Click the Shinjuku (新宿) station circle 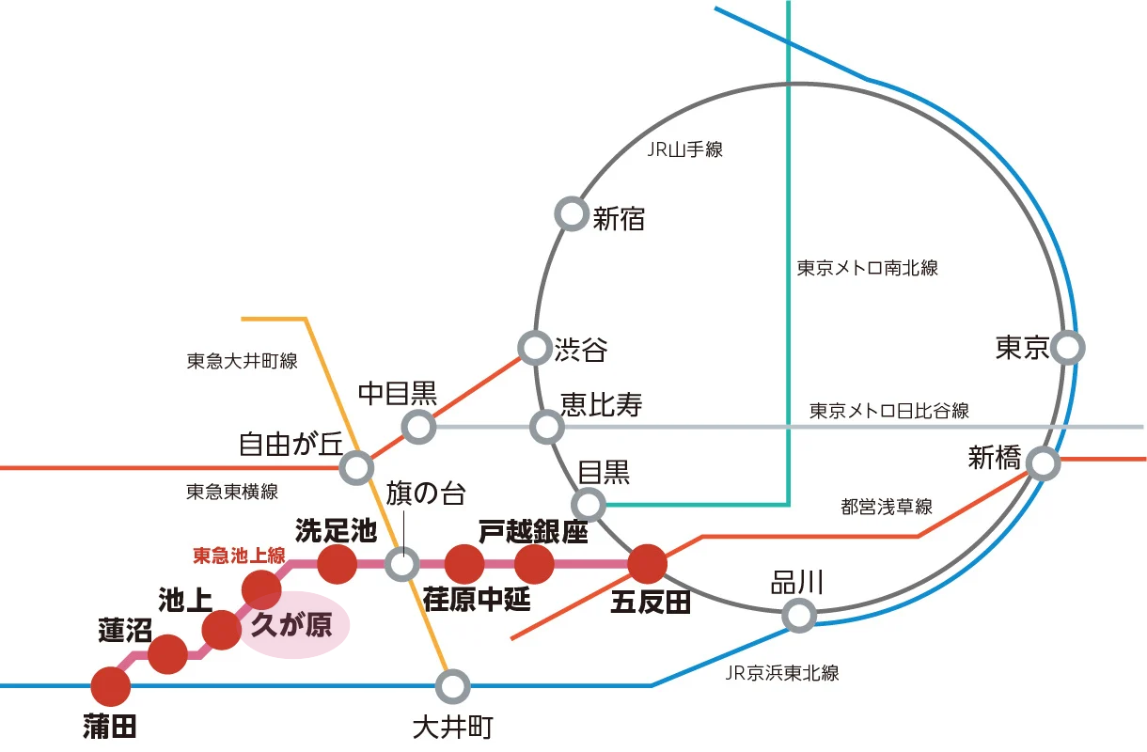572,214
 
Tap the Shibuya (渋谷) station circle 535,348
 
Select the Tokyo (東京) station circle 1068,348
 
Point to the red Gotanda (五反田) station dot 647,564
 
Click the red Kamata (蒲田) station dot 111,686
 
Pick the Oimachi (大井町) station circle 452,686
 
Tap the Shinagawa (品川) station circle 799,616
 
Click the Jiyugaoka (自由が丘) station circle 356,468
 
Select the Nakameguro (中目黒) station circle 418,427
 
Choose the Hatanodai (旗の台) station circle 402,564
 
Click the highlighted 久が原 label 291,624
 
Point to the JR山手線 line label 684,149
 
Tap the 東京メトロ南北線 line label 868,268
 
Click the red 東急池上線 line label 239,556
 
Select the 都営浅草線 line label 887,507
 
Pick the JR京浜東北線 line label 782,673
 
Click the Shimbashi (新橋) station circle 1043,463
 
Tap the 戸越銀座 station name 533,531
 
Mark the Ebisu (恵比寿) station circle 547,427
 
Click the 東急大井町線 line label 243,361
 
